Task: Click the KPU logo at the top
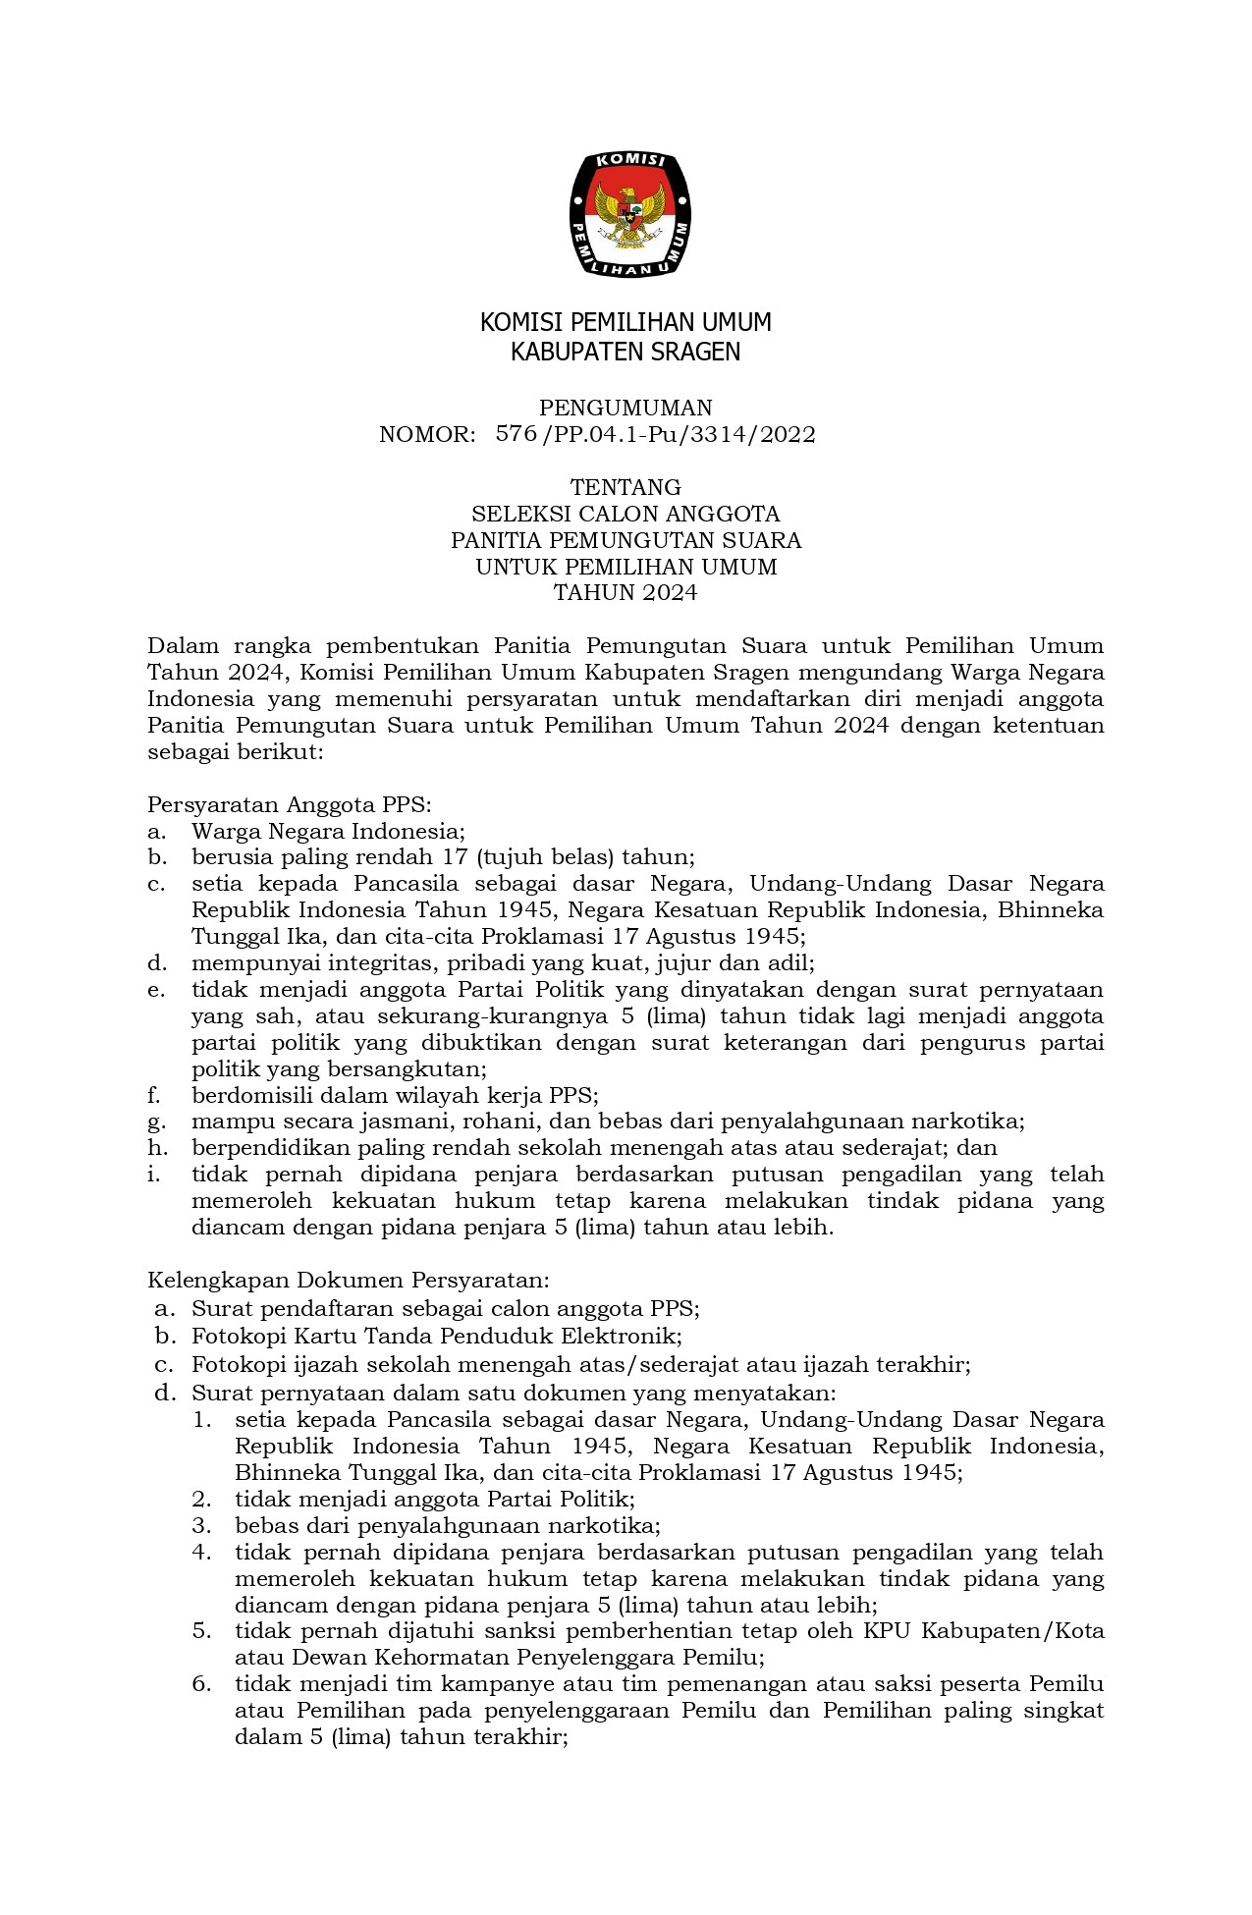(628, 214)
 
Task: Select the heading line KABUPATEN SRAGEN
(626, 352)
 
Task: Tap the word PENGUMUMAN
(626, 408)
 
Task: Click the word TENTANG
(626, 487)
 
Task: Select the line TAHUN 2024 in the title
(626, 592)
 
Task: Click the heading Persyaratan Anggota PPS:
(290, 804)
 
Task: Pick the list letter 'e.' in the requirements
(156, 989)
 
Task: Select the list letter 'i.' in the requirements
(154, 1174)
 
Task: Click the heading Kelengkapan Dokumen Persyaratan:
(348, 1280)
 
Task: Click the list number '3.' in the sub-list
(202, 1525)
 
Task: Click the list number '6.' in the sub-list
(202, 1684)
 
